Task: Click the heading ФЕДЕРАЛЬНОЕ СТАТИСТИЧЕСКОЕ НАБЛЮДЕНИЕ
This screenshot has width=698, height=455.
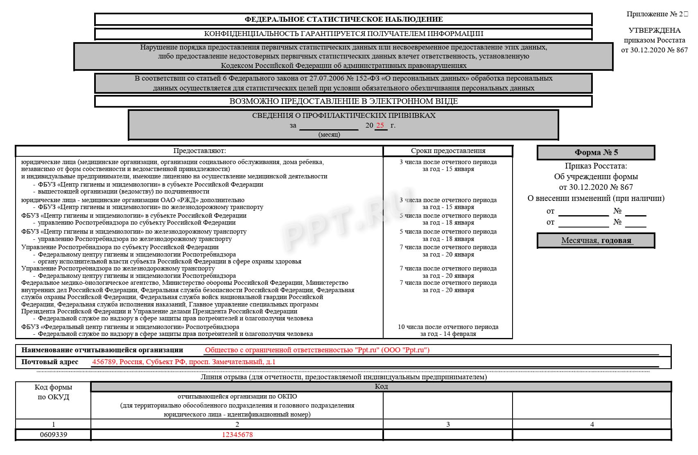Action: [343, 19]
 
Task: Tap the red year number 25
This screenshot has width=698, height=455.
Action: [380, 125]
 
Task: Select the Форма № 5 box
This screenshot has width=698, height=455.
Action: [596, 153]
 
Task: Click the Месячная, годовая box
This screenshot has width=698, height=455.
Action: [596, 241]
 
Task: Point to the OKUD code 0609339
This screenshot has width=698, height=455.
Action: [53, 435]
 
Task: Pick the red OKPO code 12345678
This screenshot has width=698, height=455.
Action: [237, 435]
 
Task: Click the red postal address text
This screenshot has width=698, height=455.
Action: [184, 362]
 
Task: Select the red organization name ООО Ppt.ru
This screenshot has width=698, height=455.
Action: [317, 350]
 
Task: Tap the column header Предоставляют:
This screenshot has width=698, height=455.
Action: [199, 151]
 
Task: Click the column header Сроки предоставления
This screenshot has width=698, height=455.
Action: [448, 151]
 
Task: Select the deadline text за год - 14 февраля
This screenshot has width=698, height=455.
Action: [448, 334]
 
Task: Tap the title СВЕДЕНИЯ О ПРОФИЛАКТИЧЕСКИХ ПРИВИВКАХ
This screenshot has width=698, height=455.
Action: [343, 115]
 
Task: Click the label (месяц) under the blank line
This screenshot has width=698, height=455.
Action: [329, 135]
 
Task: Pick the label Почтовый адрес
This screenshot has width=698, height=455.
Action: [50, 362]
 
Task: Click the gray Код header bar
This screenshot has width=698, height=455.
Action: [381, 386]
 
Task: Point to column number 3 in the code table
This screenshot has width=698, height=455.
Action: [448, 424]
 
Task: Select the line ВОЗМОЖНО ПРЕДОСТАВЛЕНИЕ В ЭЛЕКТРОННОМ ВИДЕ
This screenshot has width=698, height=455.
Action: [343, 101]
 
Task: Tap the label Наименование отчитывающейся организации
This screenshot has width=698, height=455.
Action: [102, 350]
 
